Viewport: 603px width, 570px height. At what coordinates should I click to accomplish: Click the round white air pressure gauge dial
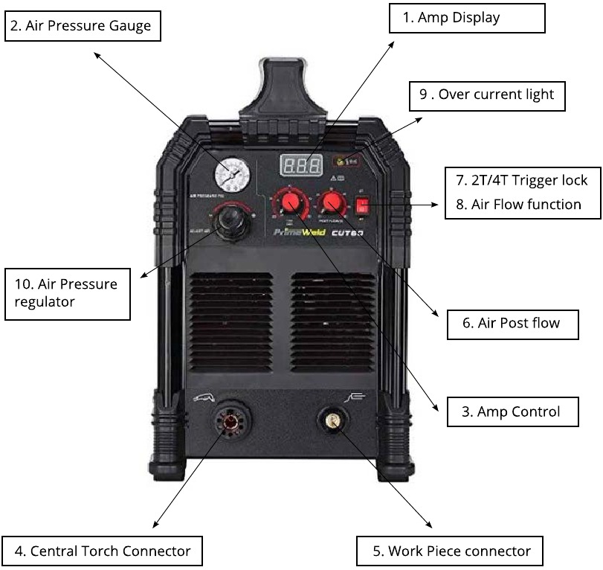[230, 175]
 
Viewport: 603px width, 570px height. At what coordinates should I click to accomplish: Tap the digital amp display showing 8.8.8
[300, 165]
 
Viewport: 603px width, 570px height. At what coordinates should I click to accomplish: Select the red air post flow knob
[331, 203]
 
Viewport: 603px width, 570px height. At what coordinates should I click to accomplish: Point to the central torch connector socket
[230, 422]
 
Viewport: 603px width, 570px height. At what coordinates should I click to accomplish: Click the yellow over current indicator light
[342, 160]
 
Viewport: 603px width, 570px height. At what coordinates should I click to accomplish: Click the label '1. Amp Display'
[467, 18]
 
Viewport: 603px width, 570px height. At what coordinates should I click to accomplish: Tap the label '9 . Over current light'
[486, 95]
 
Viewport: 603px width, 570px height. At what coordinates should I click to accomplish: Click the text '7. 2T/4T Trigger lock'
[521, 181]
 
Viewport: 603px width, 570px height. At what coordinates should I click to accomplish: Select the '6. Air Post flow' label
[512, 324]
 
